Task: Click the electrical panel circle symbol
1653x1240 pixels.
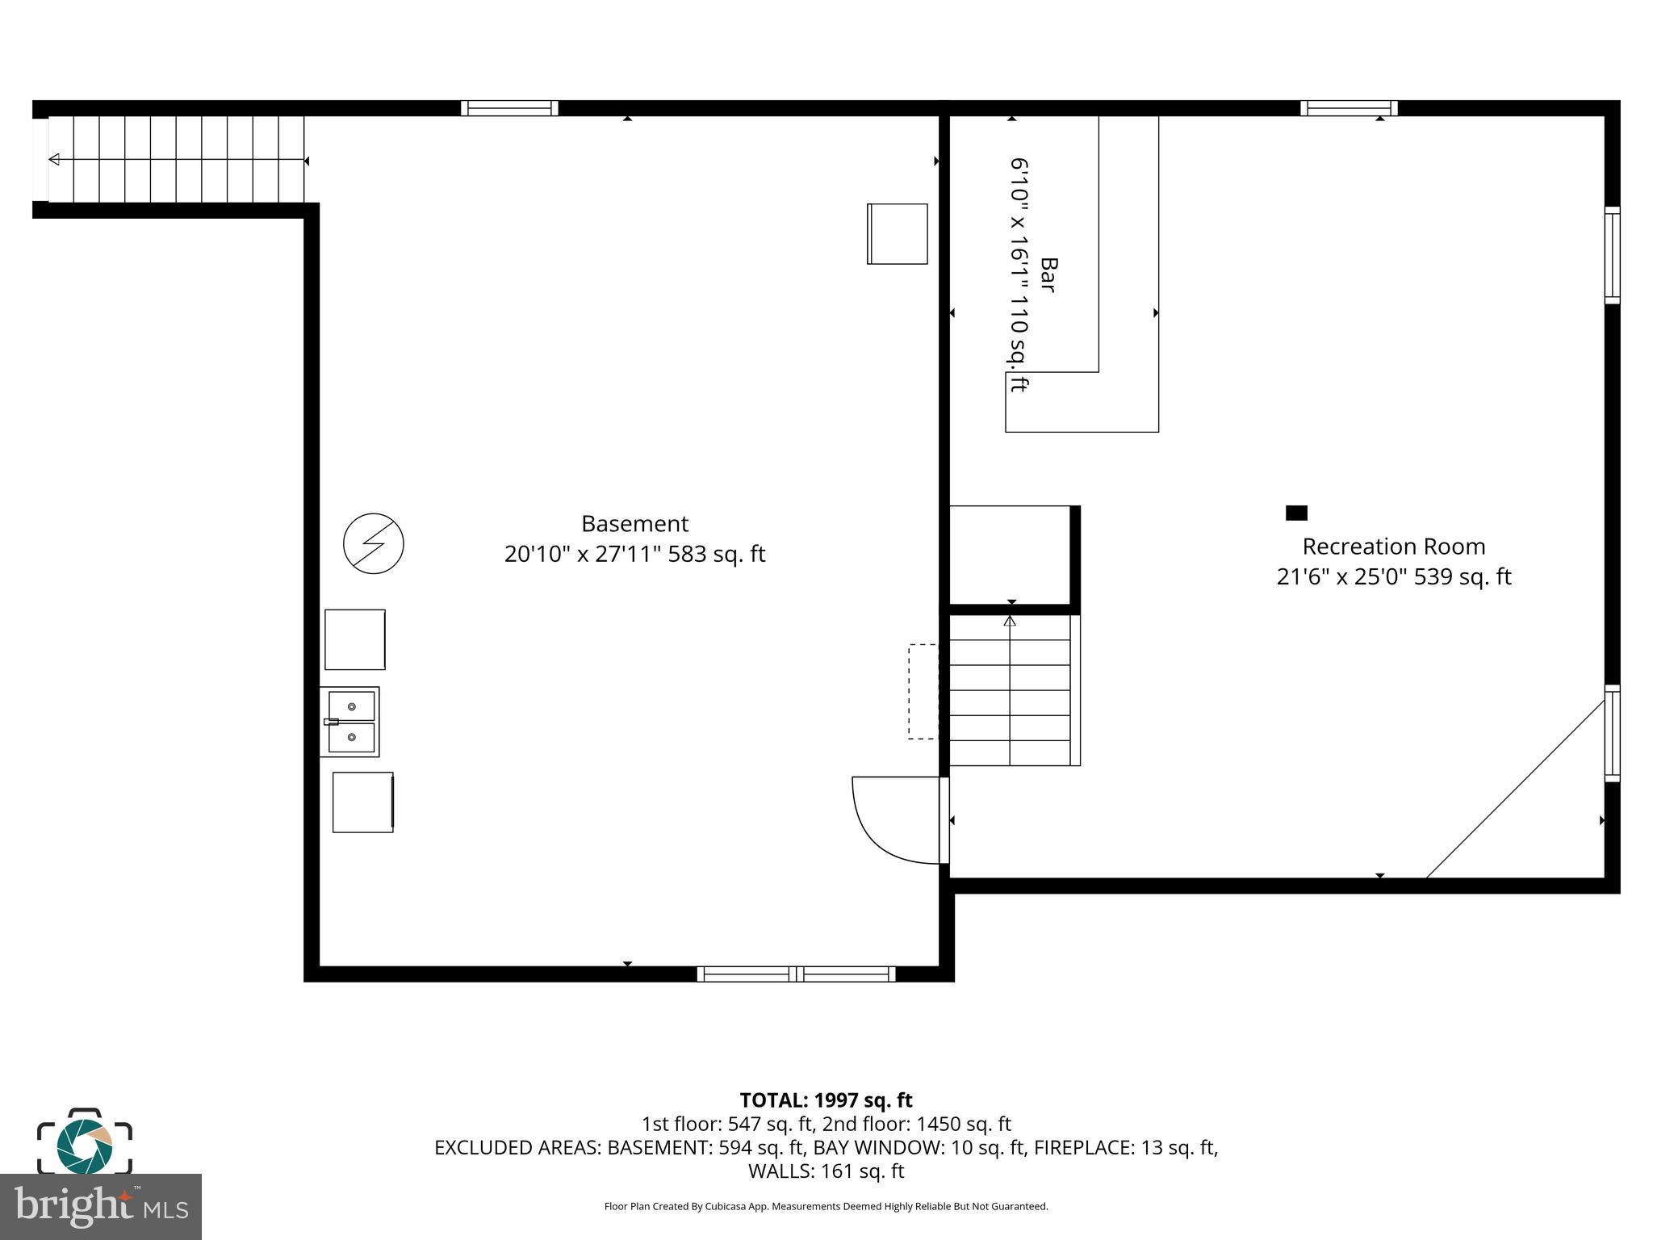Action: (x=373, y=543)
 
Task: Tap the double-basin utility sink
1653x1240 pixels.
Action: (x=350, y=722)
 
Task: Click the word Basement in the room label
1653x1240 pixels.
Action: (x=634, y=524)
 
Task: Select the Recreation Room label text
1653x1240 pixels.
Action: (x=1393, y=547)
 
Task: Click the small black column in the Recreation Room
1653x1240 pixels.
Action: (x=1295, y=513)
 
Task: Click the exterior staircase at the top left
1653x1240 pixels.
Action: (x=176, y=159)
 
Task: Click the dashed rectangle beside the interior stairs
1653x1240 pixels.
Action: (x=923, y=691)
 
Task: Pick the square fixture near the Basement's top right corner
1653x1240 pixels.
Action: (x=897, y=233)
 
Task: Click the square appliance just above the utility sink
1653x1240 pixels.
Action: (x=354, y=639)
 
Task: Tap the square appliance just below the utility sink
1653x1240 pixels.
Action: (x=362, y=802)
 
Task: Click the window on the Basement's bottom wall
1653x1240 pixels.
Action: (x=796, y=974)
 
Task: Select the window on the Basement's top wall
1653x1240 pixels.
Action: (x=509, y=108)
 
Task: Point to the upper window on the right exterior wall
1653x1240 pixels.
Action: (x=1611, y=255)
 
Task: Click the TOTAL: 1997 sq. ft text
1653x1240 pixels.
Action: (x=826, y=1100)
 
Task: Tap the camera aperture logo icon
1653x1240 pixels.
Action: (x=84, y=1146)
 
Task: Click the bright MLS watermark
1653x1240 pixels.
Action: (x=100, y=1207)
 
